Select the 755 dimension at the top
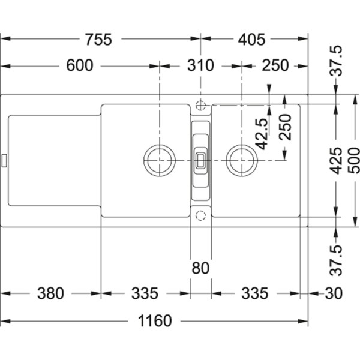click(98, 40)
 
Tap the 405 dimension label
click(251, 40)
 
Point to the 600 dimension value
click(80, 65)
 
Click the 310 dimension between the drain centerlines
click(200, 65)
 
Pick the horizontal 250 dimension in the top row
click(275, 65)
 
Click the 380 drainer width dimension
click(50, 293)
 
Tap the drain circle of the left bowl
click(160, 160)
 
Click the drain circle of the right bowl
click(242, 160)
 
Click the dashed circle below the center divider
click(200, 215)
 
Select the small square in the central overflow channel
click(200, 160)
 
